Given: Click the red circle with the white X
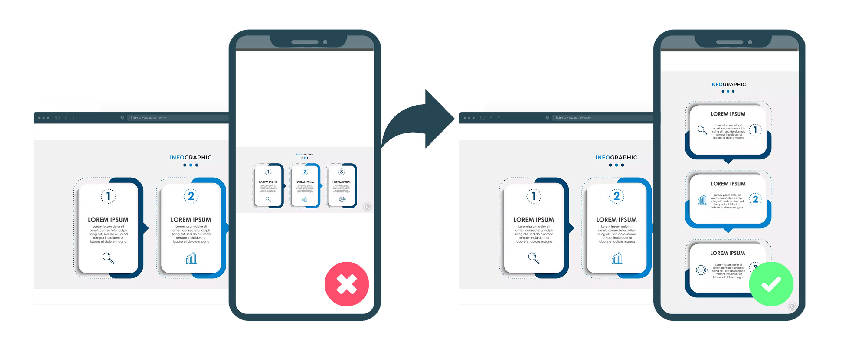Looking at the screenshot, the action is coord(347,284).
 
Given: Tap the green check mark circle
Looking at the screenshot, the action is coord(771,284).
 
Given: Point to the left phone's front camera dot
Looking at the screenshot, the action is coord(325,42).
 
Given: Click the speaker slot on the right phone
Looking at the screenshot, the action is coord(729,42).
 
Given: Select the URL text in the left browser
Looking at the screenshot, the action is coord(148,118).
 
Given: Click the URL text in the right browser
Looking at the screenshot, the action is coord(573,118).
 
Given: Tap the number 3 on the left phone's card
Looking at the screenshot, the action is coord(342,172).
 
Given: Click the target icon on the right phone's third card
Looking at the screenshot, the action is coord(701,270).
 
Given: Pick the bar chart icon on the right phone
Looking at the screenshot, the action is coord(702,200).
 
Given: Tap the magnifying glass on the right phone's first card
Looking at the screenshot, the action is coord(702,130).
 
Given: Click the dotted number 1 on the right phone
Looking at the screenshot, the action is coord(755,130).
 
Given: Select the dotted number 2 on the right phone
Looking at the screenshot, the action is coord(755,200).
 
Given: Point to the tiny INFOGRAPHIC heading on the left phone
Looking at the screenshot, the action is coord(305,155).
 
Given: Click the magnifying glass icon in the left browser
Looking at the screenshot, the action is coord(108,258).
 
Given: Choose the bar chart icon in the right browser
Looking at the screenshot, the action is coord(616,258).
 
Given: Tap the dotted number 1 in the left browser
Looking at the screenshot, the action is coord(108,196).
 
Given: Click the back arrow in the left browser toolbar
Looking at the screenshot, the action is coord(66,118).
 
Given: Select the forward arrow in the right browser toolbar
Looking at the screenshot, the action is coord(499,118).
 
